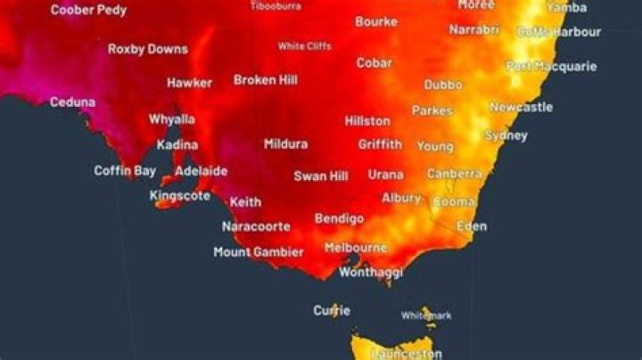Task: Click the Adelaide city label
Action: point(201,171)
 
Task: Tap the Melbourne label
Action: point(355,248)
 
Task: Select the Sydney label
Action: point(506,135)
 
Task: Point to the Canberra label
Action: point(455,174)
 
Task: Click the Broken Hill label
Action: point(266,80)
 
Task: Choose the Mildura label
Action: point(285,143)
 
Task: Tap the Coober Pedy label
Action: point(88,11)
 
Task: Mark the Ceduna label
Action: point(72,102)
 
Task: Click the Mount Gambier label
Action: point(259,252)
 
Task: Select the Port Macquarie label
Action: point(551,66)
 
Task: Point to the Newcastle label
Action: point(521,107)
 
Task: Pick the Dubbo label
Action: point(443,86)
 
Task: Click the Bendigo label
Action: point(339,218)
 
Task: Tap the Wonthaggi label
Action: point(371,272)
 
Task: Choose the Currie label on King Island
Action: point(332,311)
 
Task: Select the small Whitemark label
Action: point(426,315)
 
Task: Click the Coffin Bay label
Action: point(124,170)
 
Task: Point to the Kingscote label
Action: point(179,194)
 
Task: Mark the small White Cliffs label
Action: point(304,46)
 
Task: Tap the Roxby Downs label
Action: point(148,49)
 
